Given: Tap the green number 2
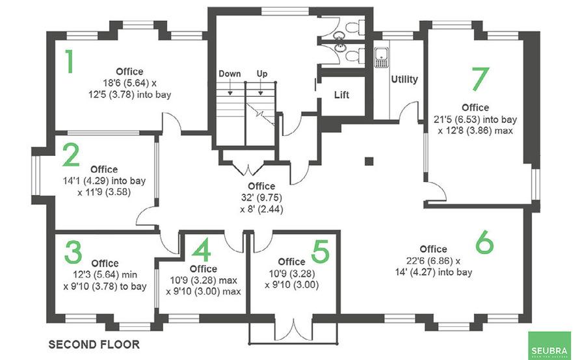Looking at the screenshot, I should (x=71, y=156).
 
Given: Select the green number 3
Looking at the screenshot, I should (x=73, y=253).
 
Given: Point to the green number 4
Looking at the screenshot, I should (x=203, y=250).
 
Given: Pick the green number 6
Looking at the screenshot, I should (x=484, y=242).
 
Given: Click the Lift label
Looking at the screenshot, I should (x=341, y=95).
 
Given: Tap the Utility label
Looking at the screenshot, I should (x=404, y=79).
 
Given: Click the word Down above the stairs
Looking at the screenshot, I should (x=230, y=73).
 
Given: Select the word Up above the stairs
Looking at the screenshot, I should (x=261, y=73).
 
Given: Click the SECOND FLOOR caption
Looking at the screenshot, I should (x=94, y=342).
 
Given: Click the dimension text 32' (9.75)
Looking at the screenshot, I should (x=261, y=198).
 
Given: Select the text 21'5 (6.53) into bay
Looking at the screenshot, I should (x=479, y=119).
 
